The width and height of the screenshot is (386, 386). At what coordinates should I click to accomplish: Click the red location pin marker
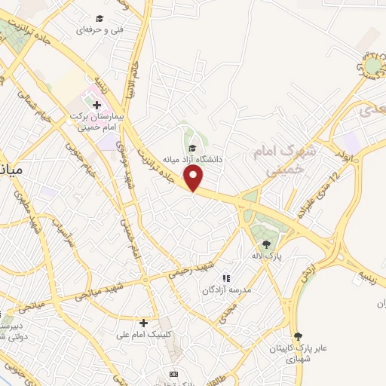tap(195, 178)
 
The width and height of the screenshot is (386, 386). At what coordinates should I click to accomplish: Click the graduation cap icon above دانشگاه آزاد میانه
tap(193, 148)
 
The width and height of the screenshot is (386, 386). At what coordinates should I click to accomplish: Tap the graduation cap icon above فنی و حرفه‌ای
tap(99, 18)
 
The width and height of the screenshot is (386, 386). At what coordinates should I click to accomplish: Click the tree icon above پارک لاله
tap(265, 244)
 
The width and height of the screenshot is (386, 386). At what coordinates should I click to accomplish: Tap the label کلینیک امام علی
tap(143, 334)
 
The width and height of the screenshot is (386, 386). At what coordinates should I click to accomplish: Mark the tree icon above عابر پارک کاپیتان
tap(299, 335)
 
